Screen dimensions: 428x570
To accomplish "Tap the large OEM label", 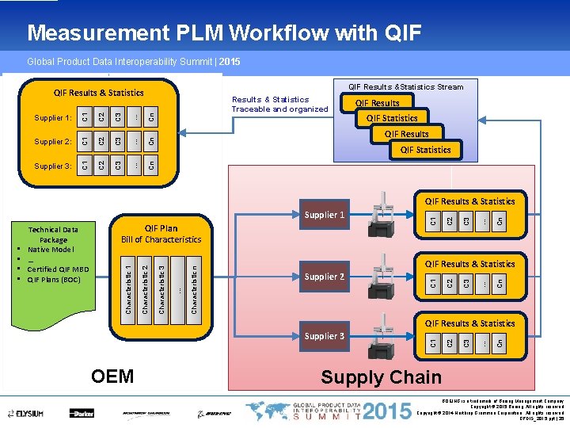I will tap(112, 376).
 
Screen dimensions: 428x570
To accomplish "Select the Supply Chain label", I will tap(381, 377).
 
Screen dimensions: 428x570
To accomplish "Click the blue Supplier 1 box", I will tap(325, 216).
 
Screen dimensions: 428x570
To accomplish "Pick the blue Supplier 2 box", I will tap(325, 277).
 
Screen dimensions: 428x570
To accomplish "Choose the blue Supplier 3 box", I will tap(325, 336).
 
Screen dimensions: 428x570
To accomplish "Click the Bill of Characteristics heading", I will tap(161, 239).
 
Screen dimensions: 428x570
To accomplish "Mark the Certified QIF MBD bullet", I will tap(58, 269).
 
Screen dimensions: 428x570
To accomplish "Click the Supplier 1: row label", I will tap(53, 117).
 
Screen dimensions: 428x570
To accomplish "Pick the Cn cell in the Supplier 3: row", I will tap(152, 165).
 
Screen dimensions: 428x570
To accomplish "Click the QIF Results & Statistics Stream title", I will tap(406, 86).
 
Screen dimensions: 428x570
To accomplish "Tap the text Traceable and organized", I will tap(279, 109).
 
